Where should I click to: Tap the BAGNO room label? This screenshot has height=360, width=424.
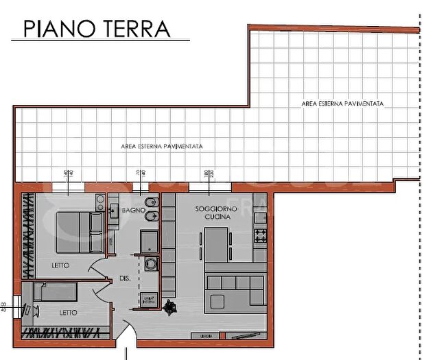132,211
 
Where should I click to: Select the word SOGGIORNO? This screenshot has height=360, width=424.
216,208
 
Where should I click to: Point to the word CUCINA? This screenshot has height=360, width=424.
217,216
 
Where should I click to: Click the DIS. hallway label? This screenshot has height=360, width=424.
125,278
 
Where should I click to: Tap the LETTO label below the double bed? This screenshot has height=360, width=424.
60,265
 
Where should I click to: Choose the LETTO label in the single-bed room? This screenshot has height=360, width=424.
68,312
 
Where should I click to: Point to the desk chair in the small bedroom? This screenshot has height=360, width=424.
30,310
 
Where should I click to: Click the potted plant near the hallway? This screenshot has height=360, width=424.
168,309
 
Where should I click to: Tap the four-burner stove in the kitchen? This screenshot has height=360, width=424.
260,237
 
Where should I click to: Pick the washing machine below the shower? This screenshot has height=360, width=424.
151,265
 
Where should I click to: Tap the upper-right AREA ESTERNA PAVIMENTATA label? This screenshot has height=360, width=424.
342,104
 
